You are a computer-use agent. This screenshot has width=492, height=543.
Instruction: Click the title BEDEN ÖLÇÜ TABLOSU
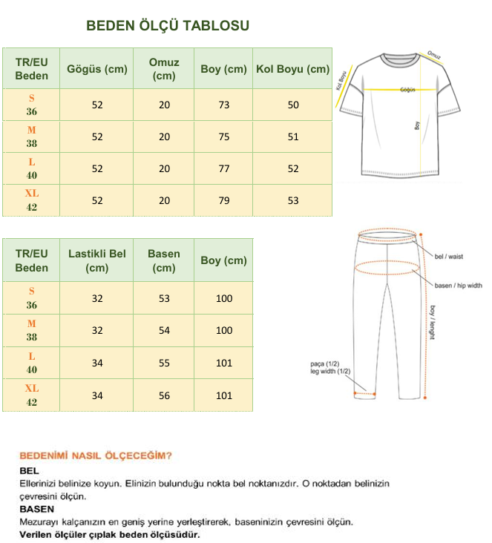(168, 26)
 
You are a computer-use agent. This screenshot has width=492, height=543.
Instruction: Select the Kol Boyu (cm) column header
(292, 69)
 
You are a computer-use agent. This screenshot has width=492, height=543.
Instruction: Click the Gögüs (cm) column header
(97, 69)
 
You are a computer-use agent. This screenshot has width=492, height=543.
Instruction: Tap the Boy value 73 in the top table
(224, 105)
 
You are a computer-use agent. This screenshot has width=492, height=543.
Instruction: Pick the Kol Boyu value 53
(293, 200)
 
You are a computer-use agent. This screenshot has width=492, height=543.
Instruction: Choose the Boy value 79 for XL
(224, 200)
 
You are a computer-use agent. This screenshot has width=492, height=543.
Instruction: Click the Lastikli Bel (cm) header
(97, 260)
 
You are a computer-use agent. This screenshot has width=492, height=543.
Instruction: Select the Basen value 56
(164, 395)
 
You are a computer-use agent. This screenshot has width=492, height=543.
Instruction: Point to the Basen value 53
(164, 298)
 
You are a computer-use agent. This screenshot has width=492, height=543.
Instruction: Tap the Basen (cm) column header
(164, 260)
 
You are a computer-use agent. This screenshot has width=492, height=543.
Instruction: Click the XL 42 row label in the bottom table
(32, 395)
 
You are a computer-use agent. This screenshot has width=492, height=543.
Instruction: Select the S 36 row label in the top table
(32, 105)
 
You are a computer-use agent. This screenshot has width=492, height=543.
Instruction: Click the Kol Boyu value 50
(293, 105)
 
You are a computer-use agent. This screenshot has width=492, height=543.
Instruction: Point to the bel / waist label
(449, 256)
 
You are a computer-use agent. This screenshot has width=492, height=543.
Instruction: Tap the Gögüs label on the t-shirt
(407, 89)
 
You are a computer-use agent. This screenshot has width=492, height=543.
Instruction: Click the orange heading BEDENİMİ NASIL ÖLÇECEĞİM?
(96, 455)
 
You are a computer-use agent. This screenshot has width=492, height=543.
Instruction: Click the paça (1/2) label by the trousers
(324, 363)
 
